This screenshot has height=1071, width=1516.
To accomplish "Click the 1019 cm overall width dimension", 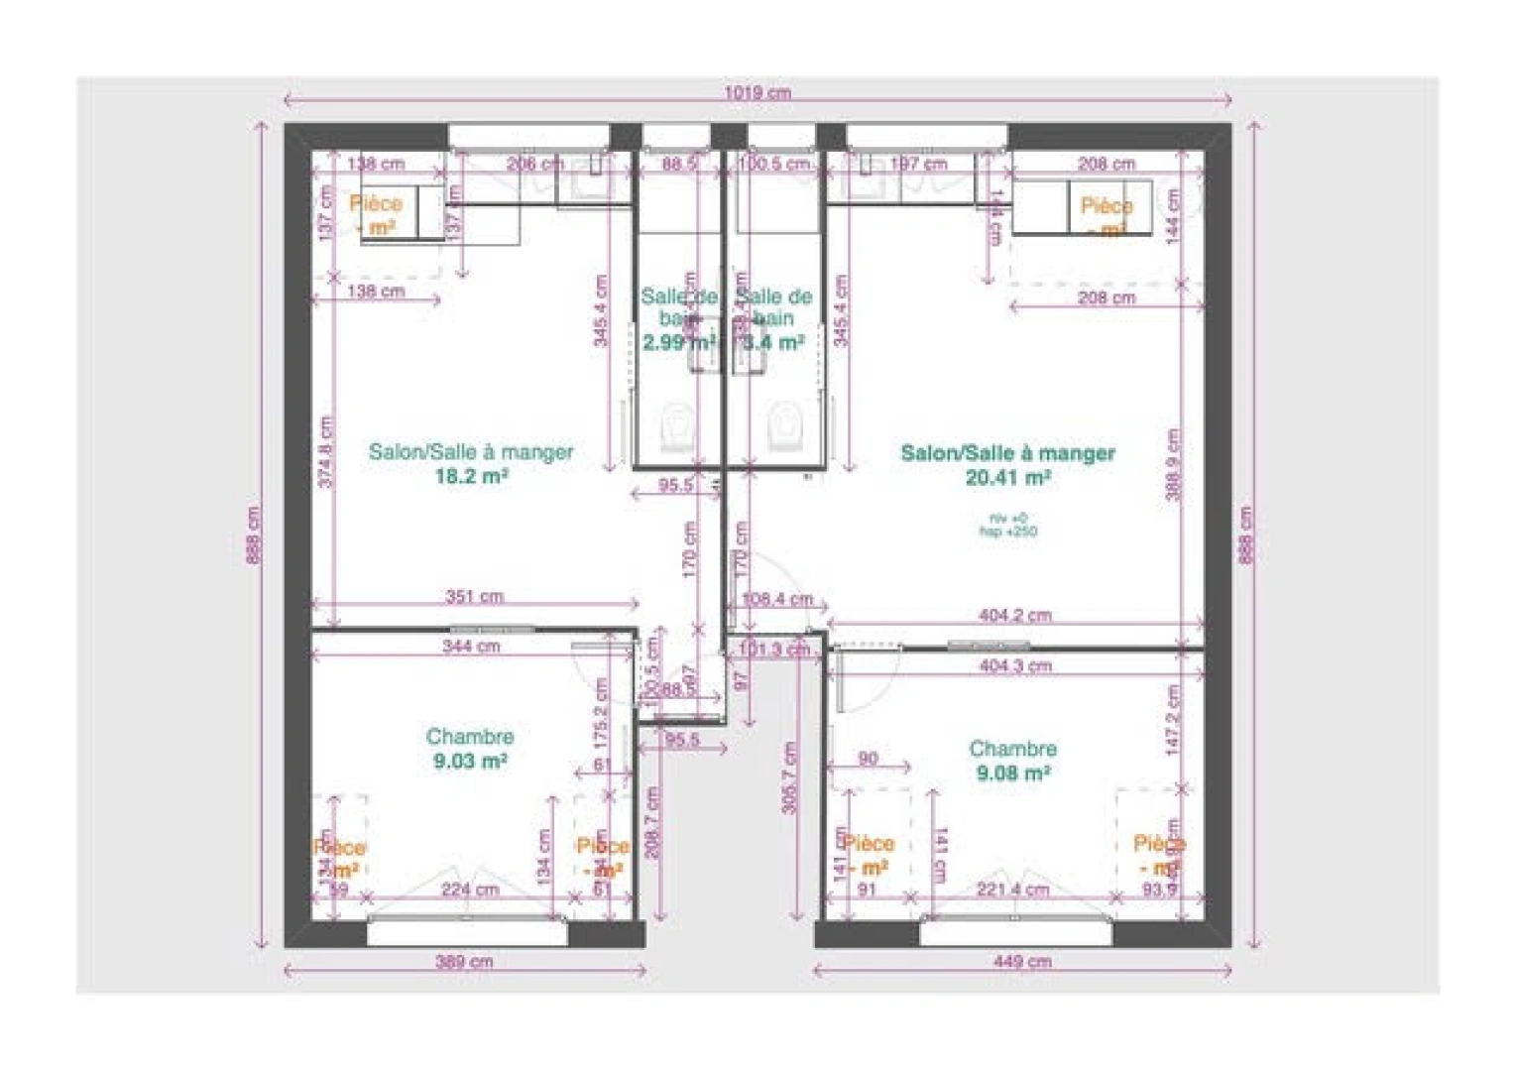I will click(x=757, y=92).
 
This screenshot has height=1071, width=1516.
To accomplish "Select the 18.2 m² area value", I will click(x=471, y=476).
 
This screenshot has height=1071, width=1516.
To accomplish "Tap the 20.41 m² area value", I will click(x=1007, y=477).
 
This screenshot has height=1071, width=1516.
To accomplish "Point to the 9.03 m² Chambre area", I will click(x=470, y=762).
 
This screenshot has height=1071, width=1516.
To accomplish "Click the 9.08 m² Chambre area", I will click(x=1012, y=773).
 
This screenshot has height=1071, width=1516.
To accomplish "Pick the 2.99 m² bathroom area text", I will click(x=677, y=343).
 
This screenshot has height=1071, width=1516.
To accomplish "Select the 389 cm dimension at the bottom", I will click(x=464, y=961).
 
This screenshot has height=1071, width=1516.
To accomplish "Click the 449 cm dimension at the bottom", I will click(x=1021, y=961).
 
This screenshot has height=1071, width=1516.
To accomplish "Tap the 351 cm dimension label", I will click(x=474, y=596).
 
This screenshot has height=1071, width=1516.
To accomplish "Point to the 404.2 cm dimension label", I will click(x=1014, y=615).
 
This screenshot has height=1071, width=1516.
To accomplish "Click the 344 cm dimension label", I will click(x=471, y=646).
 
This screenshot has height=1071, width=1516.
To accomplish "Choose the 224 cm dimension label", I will click(x=470, y=889).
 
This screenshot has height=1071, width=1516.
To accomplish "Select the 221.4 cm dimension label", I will click(x=1012, y=889).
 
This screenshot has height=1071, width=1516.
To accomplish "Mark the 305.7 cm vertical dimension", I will click(x=789, y=777).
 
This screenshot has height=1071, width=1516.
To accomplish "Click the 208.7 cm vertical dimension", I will click(x=651, y=823).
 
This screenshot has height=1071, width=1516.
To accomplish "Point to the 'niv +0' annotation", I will click(x=1007, y=518).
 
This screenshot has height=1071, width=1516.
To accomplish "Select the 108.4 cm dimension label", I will click(x=776, y=599).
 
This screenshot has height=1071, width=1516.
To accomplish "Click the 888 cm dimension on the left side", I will click(x=254, y=535).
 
